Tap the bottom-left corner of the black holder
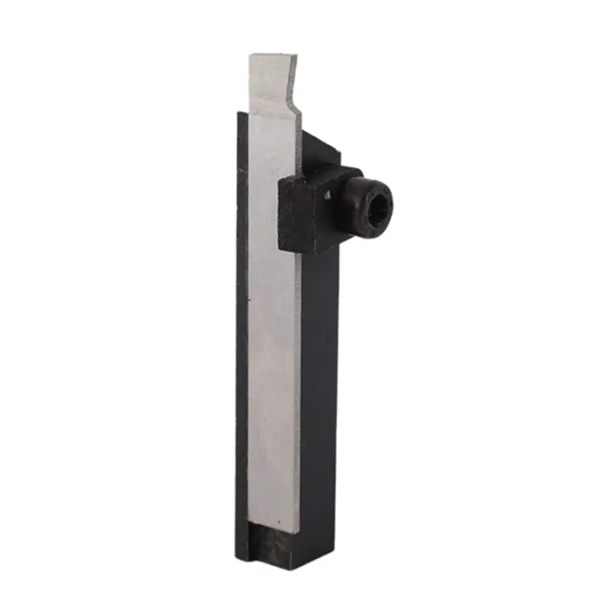pos(237,559)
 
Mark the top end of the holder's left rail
pos(241,114)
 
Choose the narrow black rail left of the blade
pos(241,340)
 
